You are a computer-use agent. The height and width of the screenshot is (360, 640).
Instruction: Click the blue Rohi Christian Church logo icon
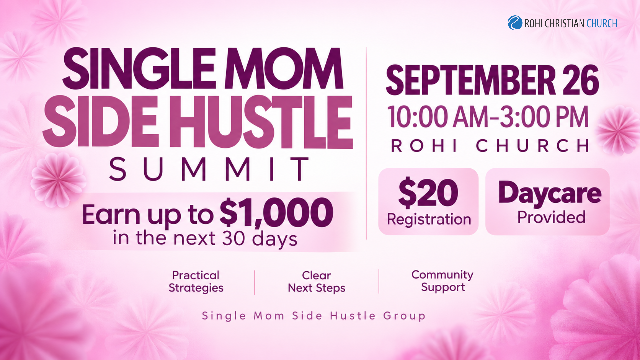(x=515, y=23)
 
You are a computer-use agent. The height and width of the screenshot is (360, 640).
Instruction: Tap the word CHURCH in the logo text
(x=602, y=23)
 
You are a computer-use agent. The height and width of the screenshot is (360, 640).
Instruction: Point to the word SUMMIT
(x=209, y=169)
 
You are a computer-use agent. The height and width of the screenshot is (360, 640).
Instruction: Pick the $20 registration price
(x=428, y=193)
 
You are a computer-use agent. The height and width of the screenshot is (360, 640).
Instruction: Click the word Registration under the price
(x=429, y=219)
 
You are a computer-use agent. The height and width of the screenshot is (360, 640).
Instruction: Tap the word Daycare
(x=550, y=193)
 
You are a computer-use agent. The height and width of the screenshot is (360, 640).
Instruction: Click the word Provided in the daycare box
(x=551, y=217)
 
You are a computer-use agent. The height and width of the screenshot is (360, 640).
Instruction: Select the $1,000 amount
(x=276, y=212)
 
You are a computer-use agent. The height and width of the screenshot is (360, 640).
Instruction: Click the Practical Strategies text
(x=196, y=282)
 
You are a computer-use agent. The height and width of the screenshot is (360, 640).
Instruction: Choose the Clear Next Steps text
(x=317, y=282)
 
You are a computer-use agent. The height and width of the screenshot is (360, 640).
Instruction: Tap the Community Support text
(x=442, y=281)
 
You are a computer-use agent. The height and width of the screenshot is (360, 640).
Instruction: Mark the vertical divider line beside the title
(x=366, y=143)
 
